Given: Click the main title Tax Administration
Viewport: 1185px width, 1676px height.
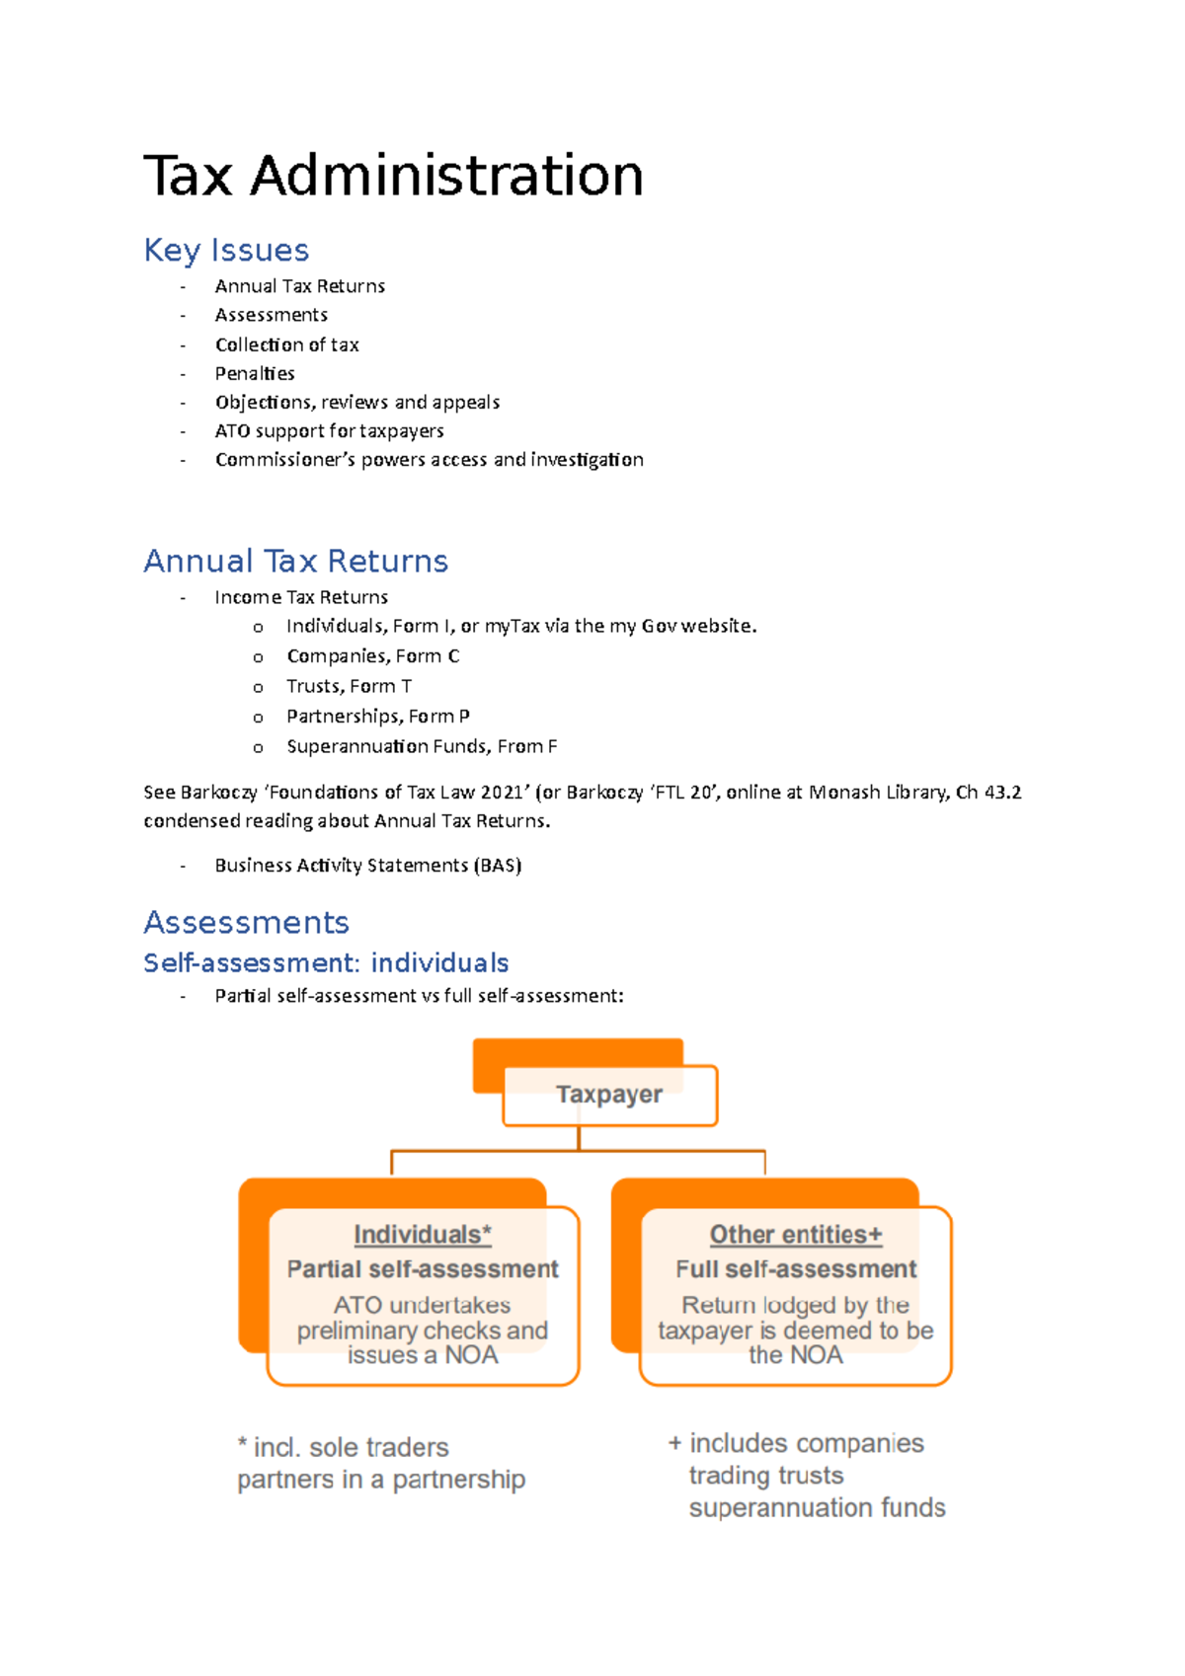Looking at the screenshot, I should (393, 176).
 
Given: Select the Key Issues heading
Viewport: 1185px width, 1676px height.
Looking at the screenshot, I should (226, 250).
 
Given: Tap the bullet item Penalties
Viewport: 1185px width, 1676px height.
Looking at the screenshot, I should (255, 373).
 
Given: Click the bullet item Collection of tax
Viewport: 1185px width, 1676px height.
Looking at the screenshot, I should (286, 344).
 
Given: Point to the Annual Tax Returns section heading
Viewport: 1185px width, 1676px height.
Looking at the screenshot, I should (295, 561).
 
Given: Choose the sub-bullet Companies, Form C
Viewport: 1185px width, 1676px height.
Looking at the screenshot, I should (372, 656).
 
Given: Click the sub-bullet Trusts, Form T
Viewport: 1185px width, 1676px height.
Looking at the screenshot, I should (349, 686).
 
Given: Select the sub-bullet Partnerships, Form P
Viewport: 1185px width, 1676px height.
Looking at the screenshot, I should (377, 716).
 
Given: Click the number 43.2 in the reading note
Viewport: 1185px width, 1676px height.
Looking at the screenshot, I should (1001, 792).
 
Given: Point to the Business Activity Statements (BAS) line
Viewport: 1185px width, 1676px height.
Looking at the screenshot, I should (367, 865).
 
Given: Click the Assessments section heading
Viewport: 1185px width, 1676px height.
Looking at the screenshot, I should (246, 922).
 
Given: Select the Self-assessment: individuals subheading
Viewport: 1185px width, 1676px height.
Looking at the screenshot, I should (326, 962).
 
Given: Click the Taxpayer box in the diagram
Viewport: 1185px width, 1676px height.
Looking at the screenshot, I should (609, 1095).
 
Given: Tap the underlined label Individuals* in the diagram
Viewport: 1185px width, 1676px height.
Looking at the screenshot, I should (423, 1235).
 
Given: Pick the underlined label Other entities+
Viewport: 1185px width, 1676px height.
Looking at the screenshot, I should (796, 1235).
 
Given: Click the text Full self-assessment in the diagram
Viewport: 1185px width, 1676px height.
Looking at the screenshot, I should (796, 1269).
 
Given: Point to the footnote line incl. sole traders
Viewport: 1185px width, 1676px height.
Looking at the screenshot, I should (343, 1447).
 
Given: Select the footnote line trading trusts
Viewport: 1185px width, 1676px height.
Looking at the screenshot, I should (766, 1476).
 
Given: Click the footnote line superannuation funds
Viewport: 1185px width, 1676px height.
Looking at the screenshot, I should (817, 1508).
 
